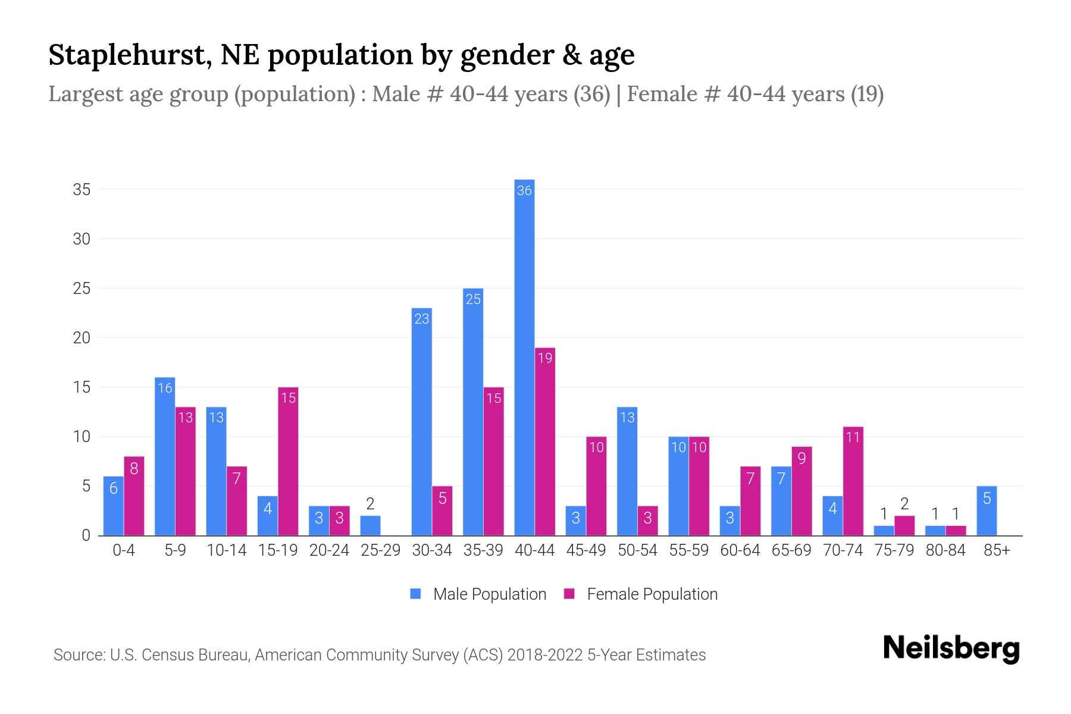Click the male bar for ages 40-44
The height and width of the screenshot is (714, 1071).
(x=524, y=357)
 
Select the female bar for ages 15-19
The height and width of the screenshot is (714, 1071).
(x=288, y=461)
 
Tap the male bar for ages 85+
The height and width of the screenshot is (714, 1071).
(x=987, y=511)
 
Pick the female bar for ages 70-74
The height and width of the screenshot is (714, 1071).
(x=853, y=481)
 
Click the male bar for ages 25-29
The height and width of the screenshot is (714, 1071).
(x=370, y=525)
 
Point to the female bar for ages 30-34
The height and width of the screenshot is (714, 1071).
(x=442, y=511)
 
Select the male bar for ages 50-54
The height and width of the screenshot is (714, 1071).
(x=627, y=471)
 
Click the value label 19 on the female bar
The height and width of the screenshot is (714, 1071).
(x=545, y=358)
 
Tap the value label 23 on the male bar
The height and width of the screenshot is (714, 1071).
(x=422, y=319)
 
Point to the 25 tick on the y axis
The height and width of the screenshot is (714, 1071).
(x=82, y=289)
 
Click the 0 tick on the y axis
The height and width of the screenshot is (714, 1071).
(x=86, y=535)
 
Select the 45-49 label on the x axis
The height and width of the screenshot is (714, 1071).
(x=586, y=550)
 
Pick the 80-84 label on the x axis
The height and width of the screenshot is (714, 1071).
(x=945, y=550)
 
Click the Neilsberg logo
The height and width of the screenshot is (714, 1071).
(x=951, y=649)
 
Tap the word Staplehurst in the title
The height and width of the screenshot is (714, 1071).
(x=128, y=55)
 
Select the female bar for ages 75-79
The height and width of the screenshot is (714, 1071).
(x=904, y=525)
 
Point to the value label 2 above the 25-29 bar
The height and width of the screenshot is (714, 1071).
(x=370, y=504)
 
